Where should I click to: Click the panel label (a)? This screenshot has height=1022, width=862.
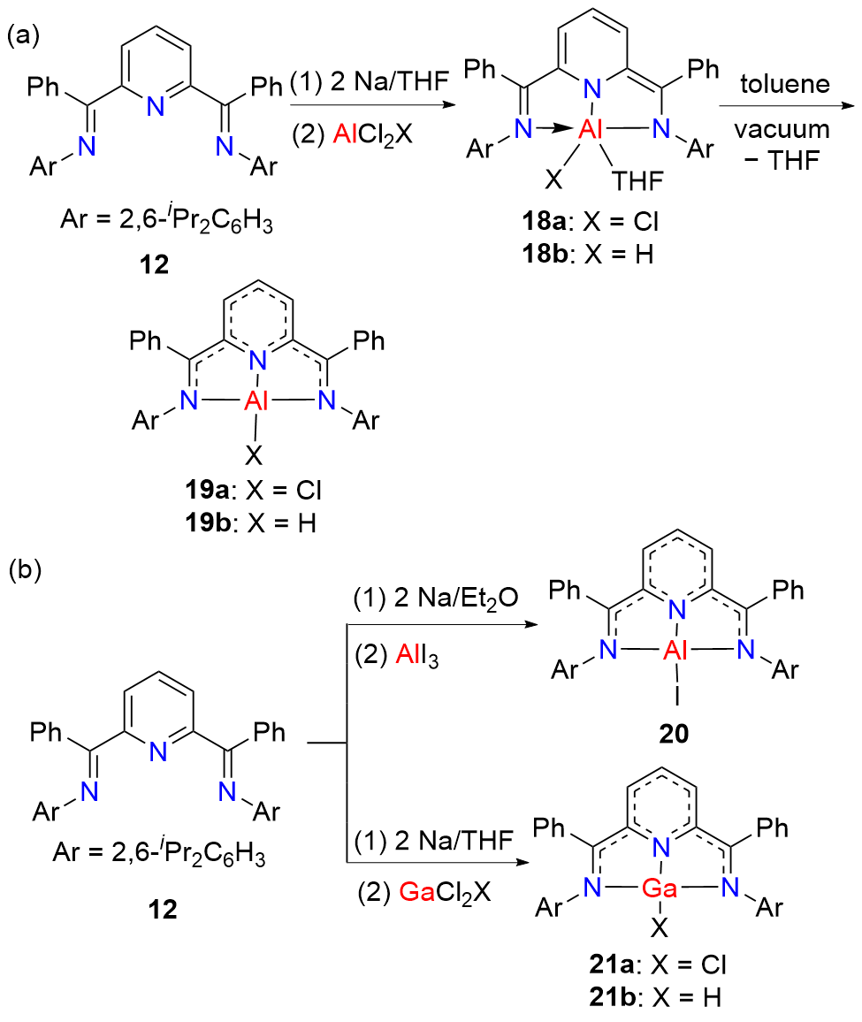21,37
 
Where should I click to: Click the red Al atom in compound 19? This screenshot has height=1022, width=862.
256,397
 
